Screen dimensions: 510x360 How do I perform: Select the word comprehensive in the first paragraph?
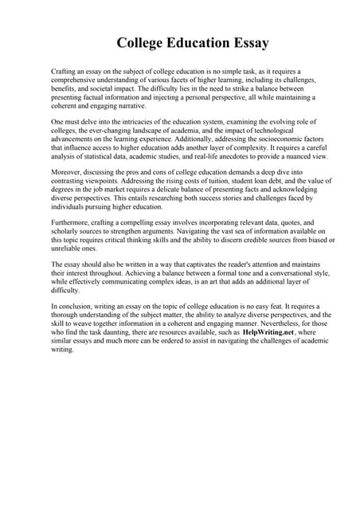pos(78,80)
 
